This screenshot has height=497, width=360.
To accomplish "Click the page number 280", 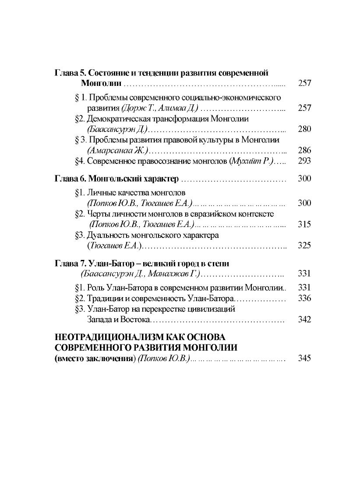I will pos(304,129).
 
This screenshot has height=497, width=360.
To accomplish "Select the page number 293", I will pos(304,161).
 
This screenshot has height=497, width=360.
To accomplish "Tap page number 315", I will pos(304,224).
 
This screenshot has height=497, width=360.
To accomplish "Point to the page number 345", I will pos(304,358).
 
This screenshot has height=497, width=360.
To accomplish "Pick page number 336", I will pos(304,298).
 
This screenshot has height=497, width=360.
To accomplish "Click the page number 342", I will pos(304,319).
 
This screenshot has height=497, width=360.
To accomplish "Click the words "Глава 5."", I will pos(68,73).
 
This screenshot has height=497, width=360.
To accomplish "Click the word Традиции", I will pos(104,298).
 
